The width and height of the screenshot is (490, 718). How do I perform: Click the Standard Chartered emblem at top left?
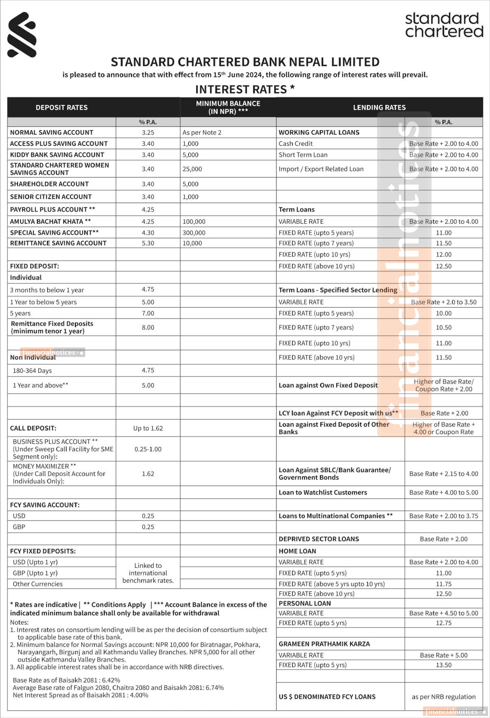tap(22, 35)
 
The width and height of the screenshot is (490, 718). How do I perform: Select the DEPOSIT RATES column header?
tap(61, 108)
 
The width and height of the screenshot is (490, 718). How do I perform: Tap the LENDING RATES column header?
tap(379, 108)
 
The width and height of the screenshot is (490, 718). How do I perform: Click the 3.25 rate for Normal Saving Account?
tap(148, 132)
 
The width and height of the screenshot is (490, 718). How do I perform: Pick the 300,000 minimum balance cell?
tap(194, 233)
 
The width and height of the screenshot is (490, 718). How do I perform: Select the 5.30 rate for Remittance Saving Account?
tap(148, 243)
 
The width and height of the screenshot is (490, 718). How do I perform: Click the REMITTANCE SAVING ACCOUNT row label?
tap(58, 243)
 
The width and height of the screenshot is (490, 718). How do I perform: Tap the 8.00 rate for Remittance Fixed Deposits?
tap(148, 327)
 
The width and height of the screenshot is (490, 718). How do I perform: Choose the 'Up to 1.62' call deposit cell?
tap(148, 428)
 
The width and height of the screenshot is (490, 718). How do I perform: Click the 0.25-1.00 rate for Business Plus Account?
tap(148, 449)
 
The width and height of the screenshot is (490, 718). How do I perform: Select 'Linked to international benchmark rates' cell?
tap(148, 573)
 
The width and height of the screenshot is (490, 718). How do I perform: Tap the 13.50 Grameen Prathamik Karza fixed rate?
tap(444, 665)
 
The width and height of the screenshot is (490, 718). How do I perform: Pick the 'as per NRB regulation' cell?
tap(444, 697)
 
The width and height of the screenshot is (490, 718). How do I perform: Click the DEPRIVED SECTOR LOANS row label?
tap(319, 539)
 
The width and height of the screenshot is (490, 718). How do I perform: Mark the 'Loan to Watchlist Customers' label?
tap(323, 493)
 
